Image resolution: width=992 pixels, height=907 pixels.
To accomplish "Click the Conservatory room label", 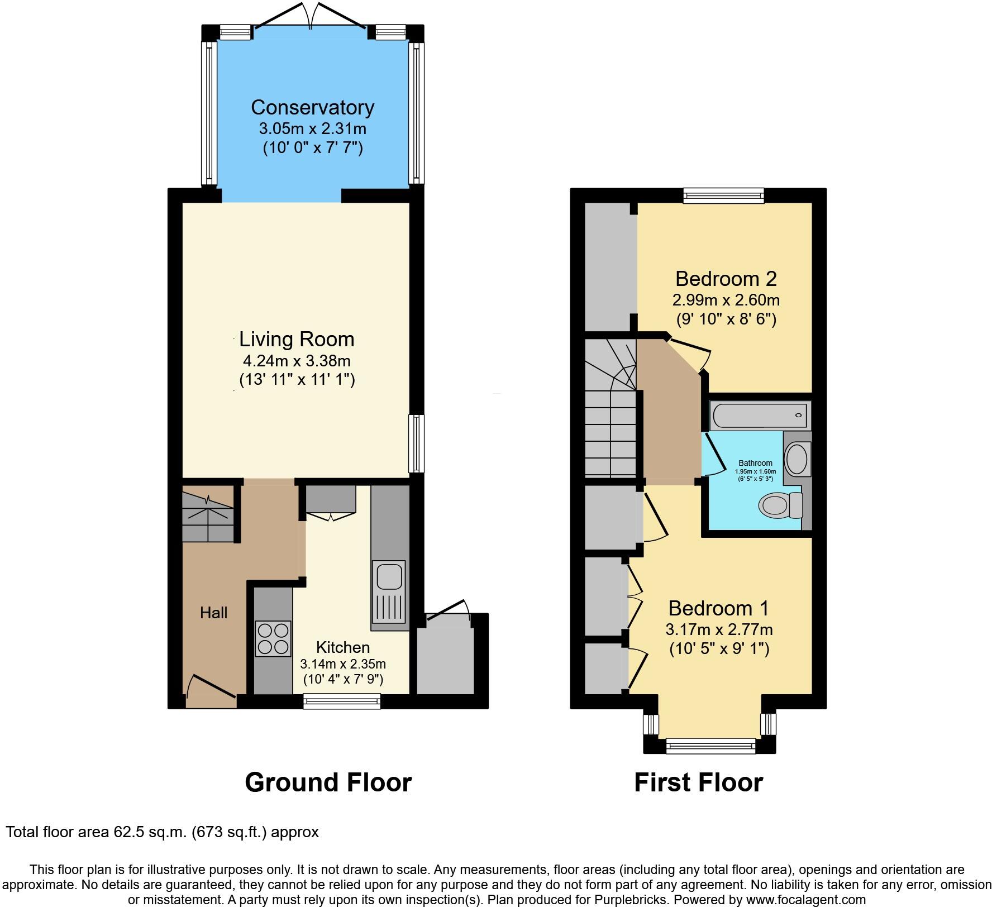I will (x=312, y=107).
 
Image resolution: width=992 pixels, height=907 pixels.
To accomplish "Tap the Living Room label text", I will (x=297, y=340).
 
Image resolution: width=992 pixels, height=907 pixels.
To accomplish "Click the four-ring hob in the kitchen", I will (x=273, y=639).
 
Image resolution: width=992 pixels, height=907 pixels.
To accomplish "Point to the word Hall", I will (x=214, y=613).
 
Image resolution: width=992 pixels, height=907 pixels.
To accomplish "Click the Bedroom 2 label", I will (x=726, y=279).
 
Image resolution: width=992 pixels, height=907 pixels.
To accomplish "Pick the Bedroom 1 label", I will (x=718, y=608).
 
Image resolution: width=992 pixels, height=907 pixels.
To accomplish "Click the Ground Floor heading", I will (x=328, y=782).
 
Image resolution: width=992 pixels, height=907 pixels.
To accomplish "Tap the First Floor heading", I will (x=698, y=782).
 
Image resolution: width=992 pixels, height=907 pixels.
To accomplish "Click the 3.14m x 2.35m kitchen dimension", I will (x=343, y=665).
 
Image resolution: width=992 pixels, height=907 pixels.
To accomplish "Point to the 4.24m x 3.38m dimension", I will (x=297, y=361).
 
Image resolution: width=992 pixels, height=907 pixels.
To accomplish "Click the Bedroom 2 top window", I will (x=724, y=195).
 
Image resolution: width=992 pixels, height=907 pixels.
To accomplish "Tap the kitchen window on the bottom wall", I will (x=342, y=701).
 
